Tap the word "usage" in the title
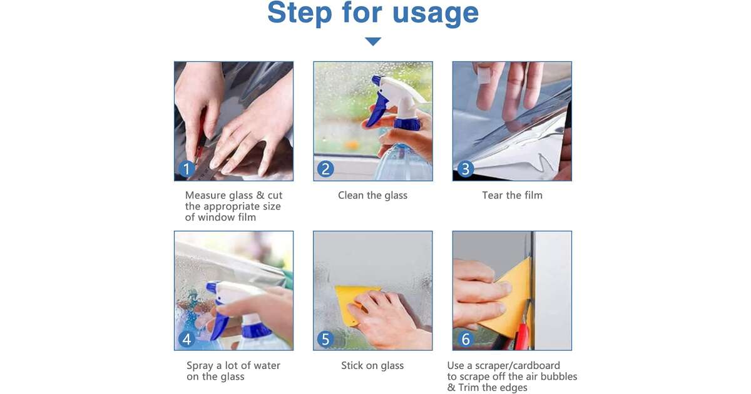coord(436,14)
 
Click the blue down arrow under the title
coord(373,41)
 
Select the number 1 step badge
coord(186,168)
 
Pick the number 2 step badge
coord(325,168)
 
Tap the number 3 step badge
coord(466,169)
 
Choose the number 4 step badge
coord(186,339)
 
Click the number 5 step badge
coord(325,339)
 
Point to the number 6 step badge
coord(466,339)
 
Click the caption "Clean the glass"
coord(372,195)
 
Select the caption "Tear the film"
coord(512,195)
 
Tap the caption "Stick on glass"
coord(372,365)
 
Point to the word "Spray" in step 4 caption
coord(200,366)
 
